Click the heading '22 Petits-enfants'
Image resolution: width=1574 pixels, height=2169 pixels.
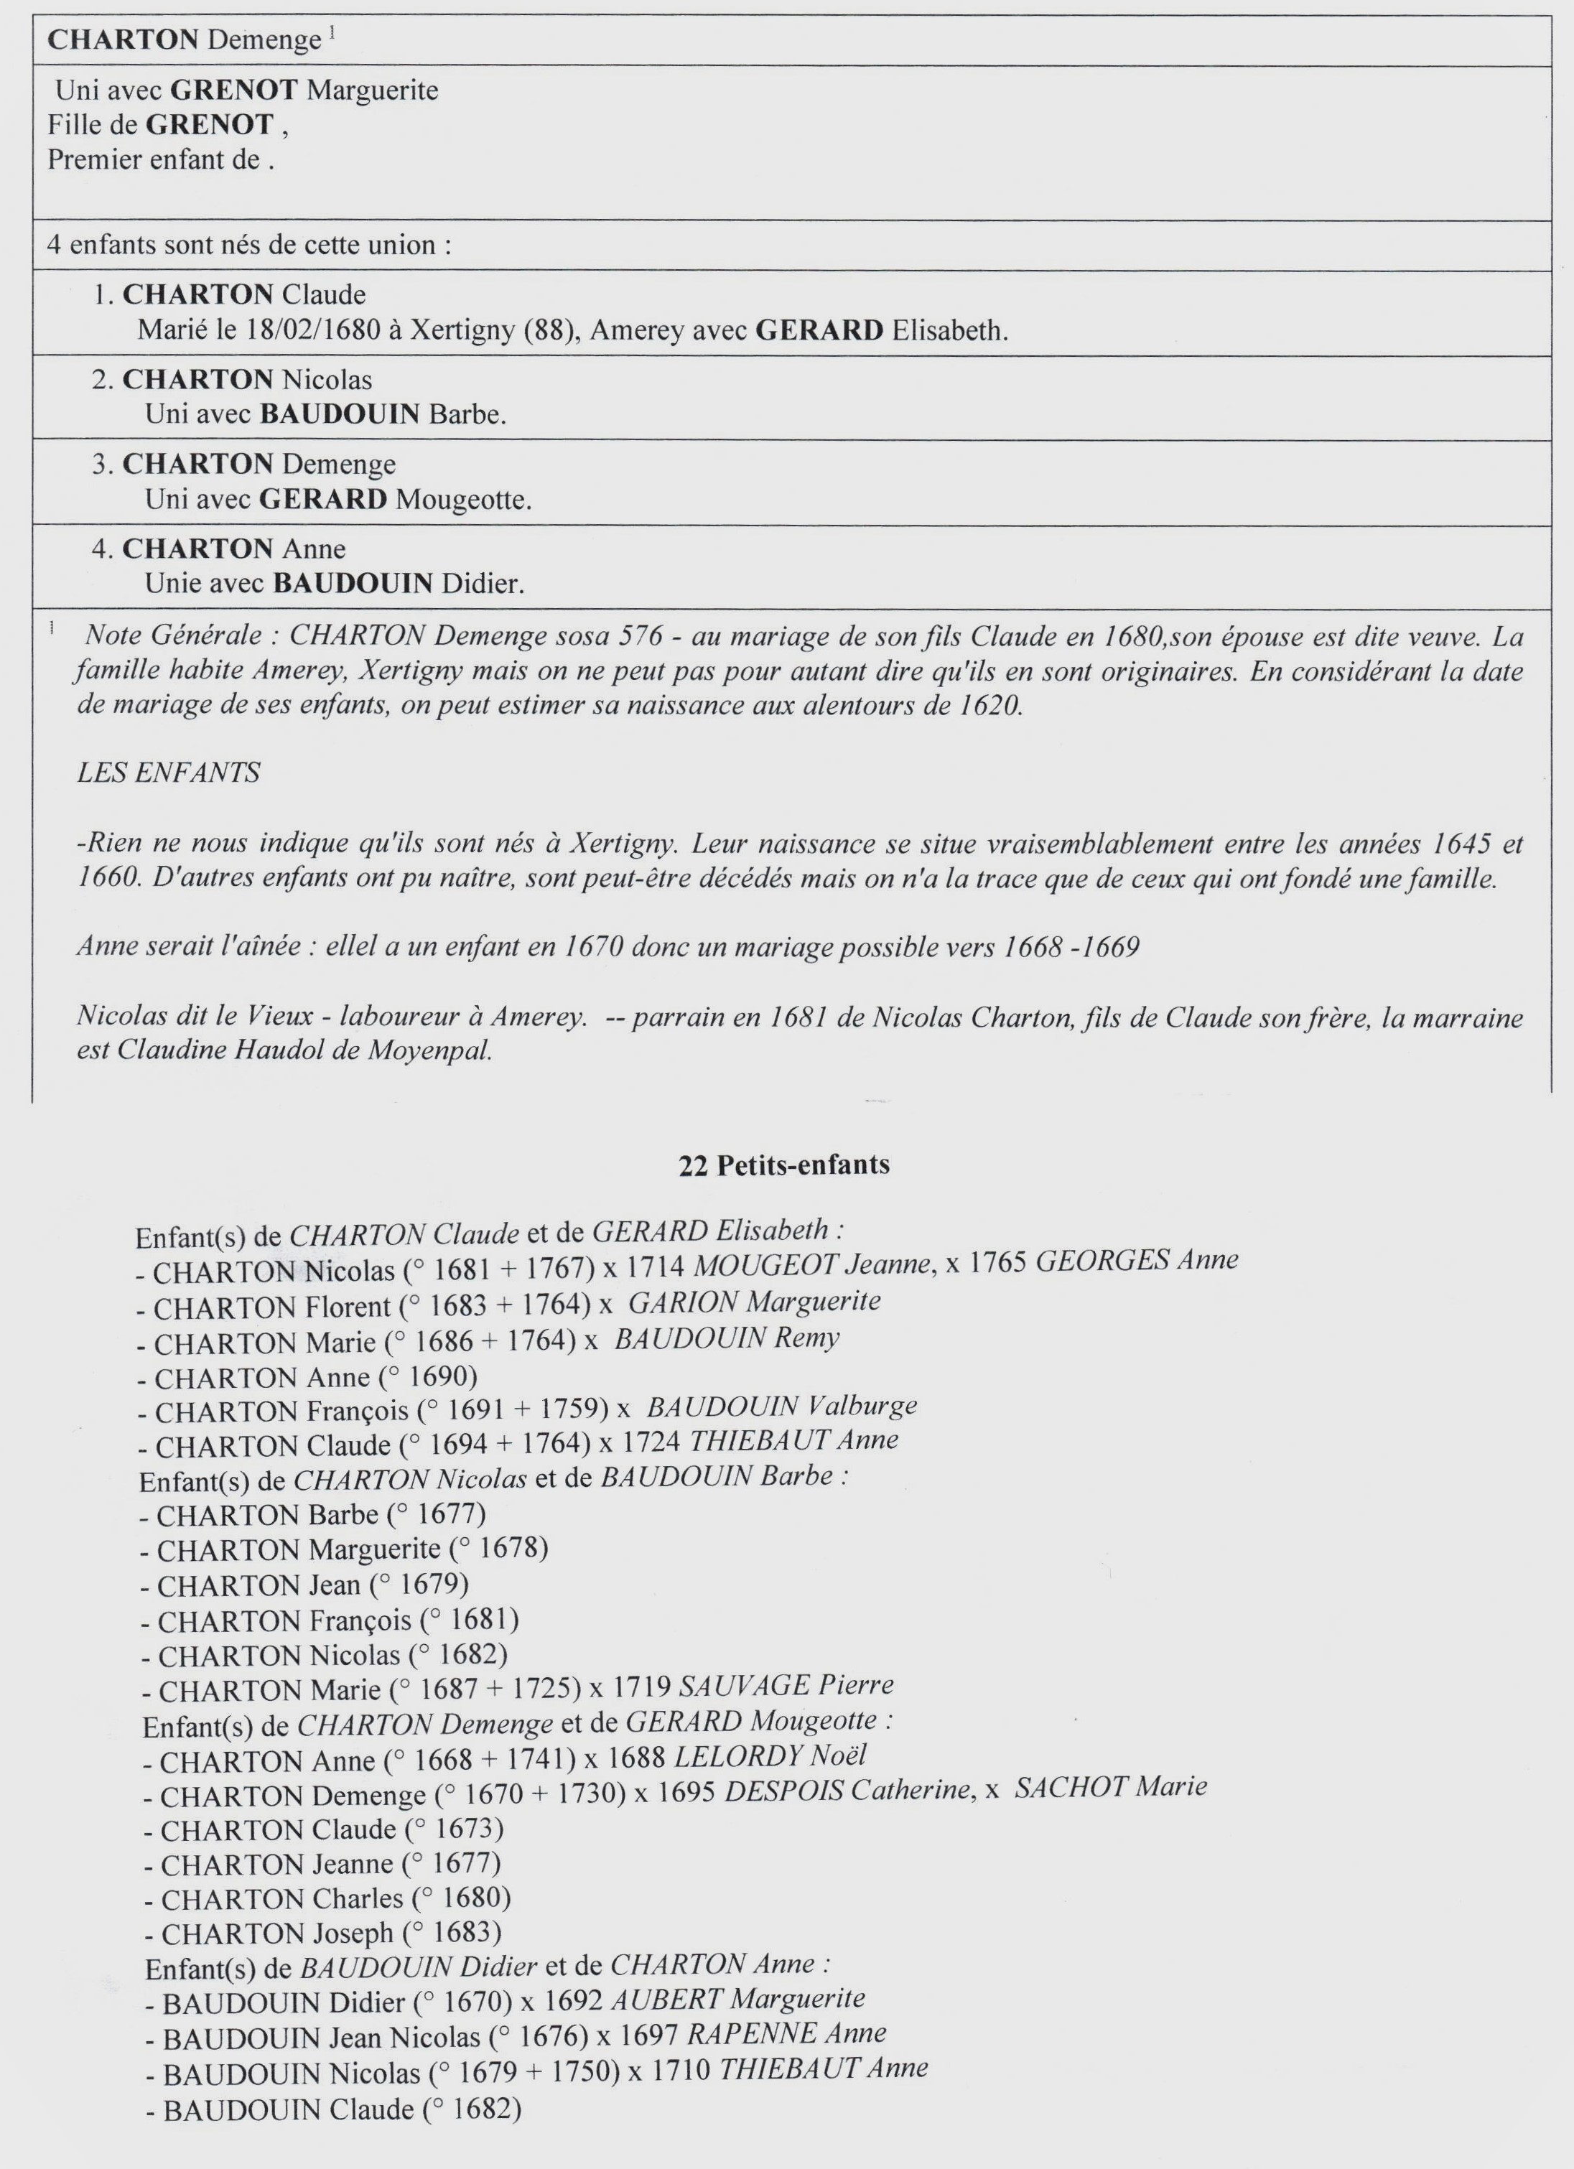coord(784,1164)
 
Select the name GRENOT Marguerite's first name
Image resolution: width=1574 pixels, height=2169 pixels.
coord(372,91)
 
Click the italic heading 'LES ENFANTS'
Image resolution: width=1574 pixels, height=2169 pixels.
coord(168,773)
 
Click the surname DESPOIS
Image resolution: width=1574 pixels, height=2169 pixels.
coord(783,1791)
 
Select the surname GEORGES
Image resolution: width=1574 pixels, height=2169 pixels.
coord(1102,1261)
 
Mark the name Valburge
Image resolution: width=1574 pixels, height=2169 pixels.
coord(862,1406)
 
